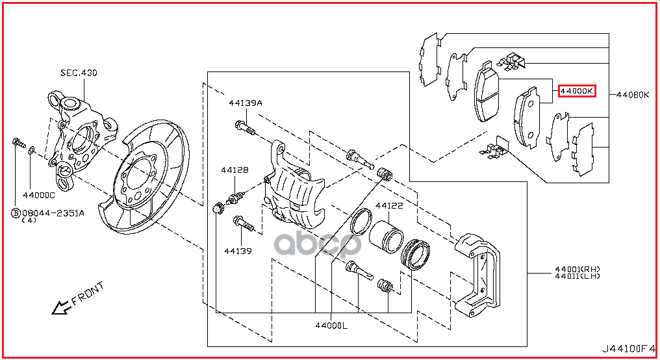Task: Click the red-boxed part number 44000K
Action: (577, 91)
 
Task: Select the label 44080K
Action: (633, 95)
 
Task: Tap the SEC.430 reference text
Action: (79, 73)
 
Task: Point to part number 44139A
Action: (246, 103)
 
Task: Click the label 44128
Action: (235, 170)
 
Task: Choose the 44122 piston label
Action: (389, 206)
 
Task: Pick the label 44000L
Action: (331, 326)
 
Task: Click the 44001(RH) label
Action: (577, 269)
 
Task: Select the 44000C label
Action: (39, 196)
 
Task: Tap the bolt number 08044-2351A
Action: (53, 213)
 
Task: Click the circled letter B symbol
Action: (16, 213)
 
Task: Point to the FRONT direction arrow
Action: (62, 308)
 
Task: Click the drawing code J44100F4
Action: (628, 349)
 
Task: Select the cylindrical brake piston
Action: (386, 237)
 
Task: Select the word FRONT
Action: (88, 294)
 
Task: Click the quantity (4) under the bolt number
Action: (29, 220)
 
